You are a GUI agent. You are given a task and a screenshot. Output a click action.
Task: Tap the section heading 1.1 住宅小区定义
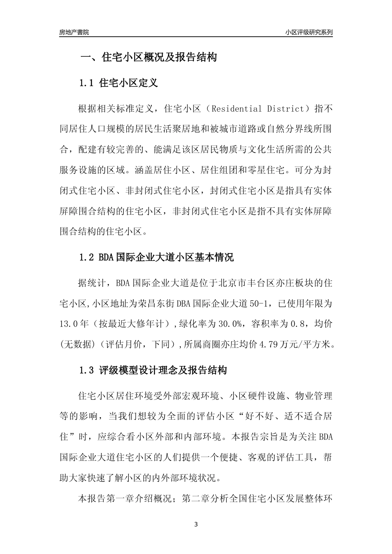coord(118,83)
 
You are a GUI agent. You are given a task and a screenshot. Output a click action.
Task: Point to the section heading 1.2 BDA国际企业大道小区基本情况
coord(156,258)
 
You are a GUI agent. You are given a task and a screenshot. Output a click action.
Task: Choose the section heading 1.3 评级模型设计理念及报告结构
coord(153,370)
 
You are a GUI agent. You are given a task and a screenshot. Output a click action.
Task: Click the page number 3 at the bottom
coord(196,524)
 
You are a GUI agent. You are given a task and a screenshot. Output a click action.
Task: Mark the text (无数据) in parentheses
coord(74,344)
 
